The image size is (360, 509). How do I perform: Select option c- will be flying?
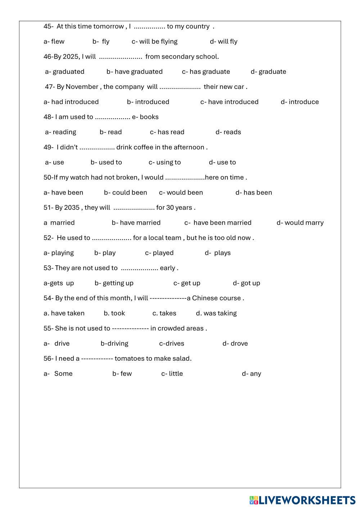click(x=154, y=41)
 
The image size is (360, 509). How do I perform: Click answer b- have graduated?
click(x=134, y=72)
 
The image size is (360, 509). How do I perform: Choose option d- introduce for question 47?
click(x=300, y=102)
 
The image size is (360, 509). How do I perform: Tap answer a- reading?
click(x=60, y=132)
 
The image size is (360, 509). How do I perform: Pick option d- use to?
click(x=222, y=162)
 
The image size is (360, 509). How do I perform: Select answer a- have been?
click(x=63, y=193)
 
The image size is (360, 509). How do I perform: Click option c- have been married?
click(x=218, y=223)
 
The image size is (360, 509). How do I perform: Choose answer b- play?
click(x=105, y=253)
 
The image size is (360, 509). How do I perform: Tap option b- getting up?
click(x=114, y=283)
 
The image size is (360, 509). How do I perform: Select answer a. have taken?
click(x=64, y=314)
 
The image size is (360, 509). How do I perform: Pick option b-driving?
click(x=114, y=344)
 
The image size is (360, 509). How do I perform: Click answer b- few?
click(x=122, y=374)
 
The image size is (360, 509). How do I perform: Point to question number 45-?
click(x=49, y=26)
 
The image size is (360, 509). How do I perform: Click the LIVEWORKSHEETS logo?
click(x=302, y=500)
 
